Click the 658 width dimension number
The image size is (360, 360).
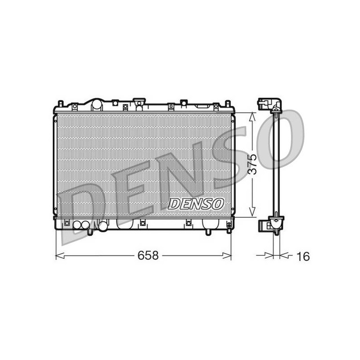pos(148,255)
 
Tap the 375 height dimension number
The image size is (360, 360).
pos(253,164)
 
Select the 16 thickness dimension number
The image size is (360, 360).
pos(303,256)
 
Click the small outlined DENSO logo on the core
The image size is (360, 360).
pos(196,204)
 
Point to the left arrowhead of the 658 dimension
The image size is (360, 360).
pos(60,255)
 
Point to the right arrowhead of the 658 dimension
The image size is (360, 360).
pos(227,255)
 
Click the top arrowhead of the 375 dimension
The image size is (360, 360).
pos(252,117)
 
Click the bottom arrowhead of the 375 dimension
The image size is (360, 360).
pos(252,211)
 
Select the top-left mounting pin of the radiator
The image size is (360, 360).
pos(61,103)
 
